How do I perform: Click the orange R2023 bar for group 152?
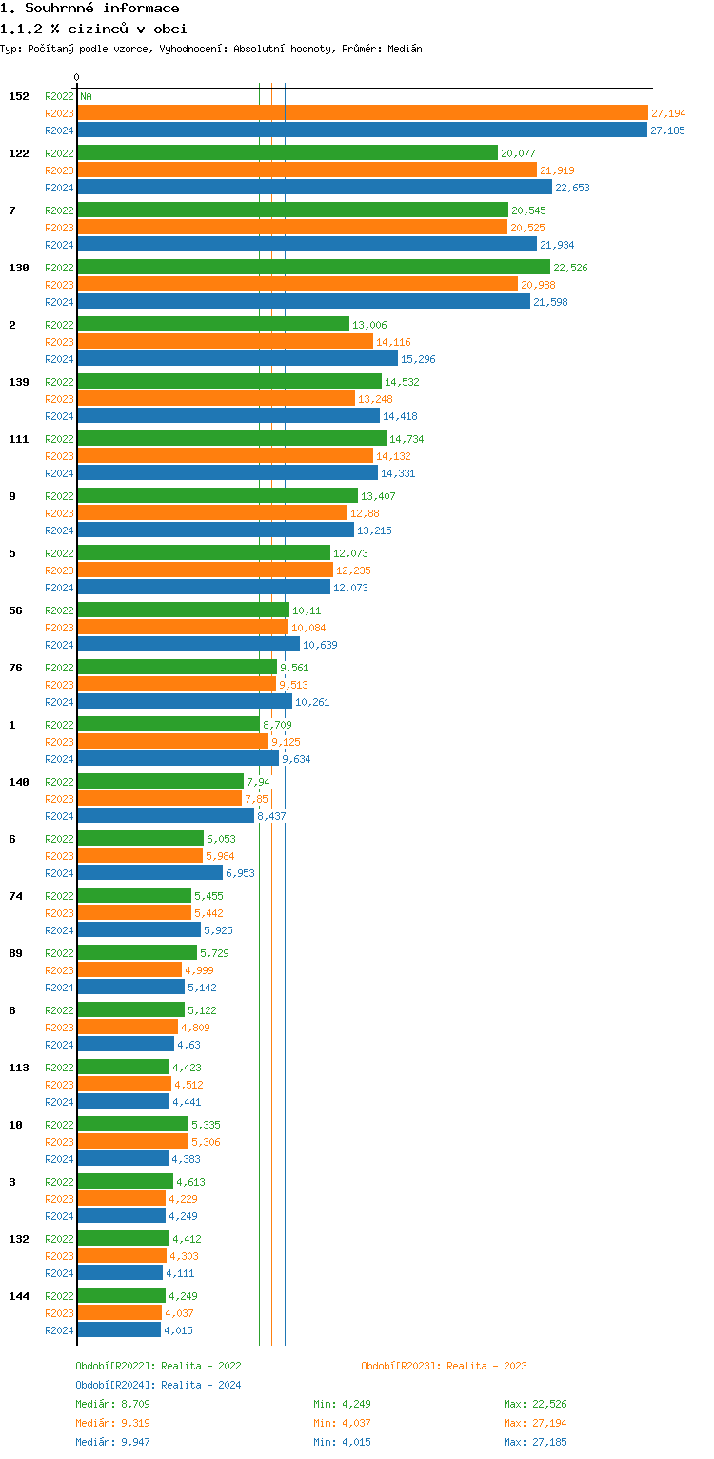362,112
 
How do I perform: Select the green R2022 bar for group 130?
313,267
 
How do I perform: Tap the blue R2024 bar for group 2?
237,358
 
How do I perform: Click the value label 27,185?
667,130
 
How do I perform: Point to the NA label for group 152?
86,96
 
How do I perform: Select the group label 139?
19,382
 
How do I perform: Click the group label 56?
15,610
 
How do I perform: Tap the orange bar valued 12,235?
205,570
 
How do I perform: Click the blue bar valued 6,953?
149,872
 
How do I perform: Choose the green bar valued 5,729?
137,952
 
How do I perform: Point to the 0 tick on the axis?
77,77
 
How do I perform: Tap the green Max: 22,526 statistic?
535,1404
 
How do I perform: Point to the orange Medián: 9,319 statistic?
112,1423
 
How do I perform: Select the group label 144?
19,1296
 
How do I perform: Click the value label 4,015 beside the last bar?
179,1330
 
